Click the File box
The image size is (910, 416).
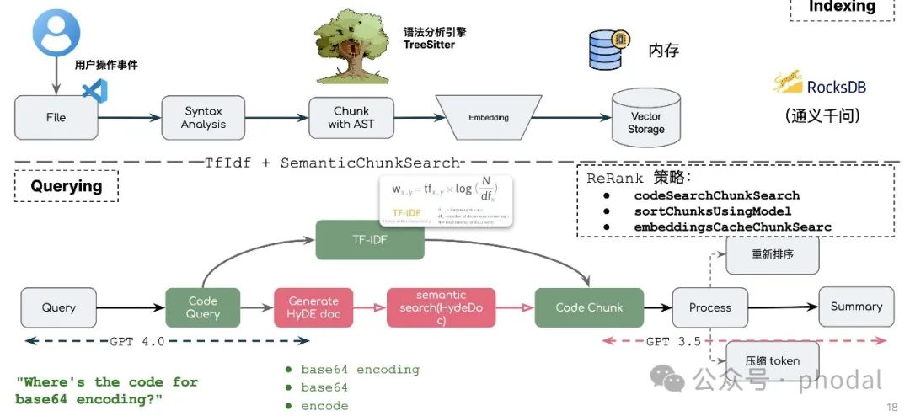tap(56, 118)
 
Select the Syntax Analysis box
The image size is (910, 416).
tap(203, 118)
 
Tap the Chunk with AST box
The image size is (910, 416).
tap(351, 118)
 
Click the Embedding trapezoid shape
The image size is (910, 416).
tap(489, 118)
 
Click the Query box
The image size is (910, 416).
tap(59, 307)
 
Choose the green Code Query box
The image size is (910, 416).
tap(203, 307)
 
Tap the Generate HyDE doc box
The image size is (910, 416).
tap(313, 307)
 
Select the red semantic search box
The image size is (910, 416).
tap(441, 307)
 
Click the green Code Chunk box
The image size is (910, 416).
tap(589, 307)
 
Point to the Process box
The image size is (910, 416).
tap(710, 307)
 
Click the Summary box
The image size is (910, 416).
tap(856, 307)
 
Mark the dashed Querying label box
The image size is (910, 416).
tap(67, 186)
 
